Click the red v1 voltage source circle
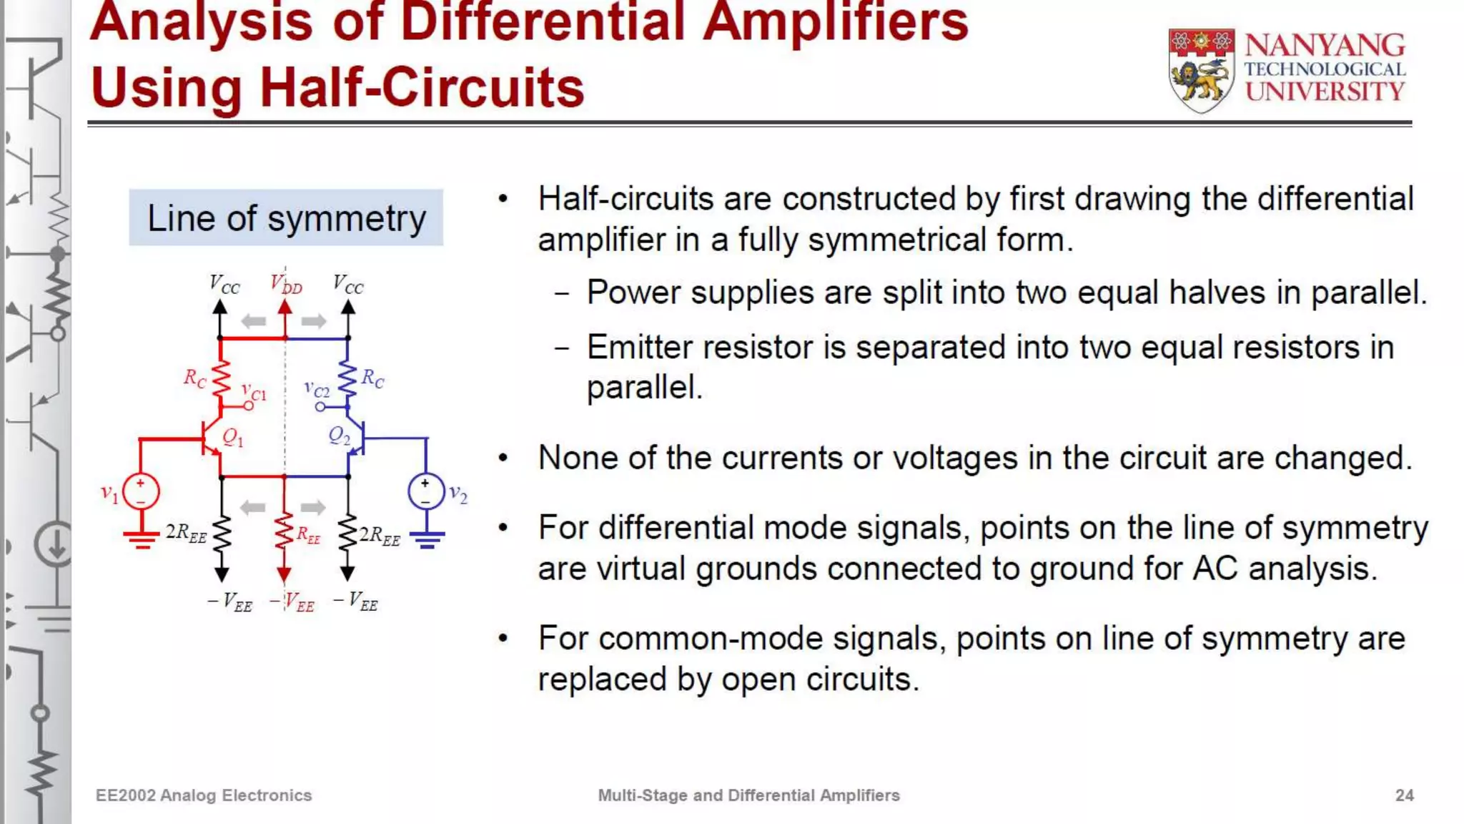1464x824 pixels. pos(141,492)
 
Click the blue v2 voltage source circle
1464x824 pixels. pos(426,492)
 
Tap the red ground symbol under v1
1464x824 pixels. pos(142,539)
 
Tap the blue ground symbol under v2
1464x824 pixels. pos(427,539)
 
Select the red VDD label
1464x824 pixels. pos(287,285)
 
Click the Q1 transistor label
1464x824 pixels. pos(233,437)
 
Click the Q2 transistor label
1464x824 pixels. pos(339,436)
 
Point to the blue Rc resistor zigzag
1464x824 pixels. pos(348,379)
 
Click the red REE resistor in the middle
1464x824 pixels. pos(285,533)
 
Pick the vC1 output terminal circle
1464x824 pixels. pos(249,406)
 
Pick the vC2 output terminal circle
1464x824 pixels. pos(320,407)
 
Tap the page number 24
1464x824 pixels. pos(1404,795)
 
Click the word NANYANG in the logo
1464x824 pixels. pos(1325,46)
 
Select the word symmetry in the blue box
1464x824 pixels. pos(347,219)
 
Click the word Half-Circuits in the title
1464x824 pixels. pos(422,88)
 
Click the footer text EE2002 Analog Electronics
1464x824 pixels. pos(204,795)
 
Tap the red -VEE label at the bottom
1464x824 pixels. pos(292,603)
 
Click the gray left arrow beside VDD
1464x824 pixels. pos(254,321)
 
